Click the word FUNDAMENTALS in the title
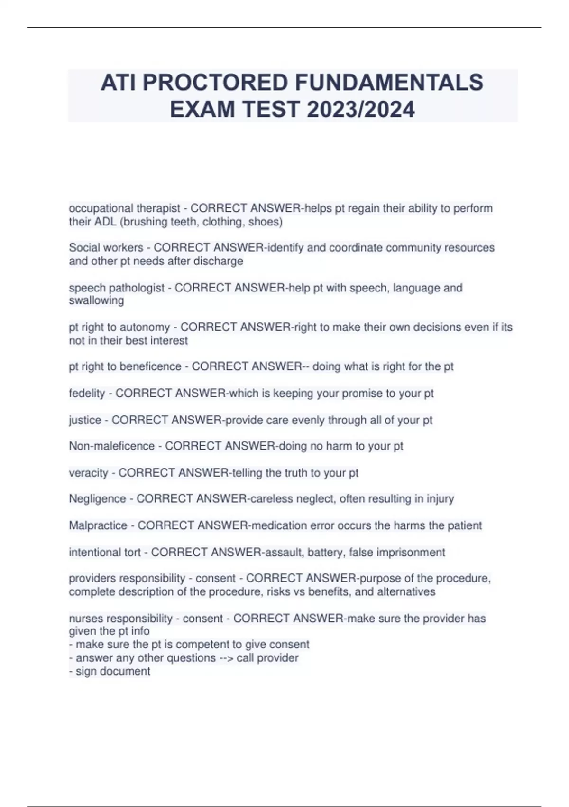tap(389, 83)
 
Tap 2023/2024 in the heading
tap(360, 110)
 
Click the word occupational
tap(101, 208)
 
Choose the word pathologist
tap(137, 288)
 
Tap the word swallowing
tap(96, 300)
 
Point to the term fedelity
tap(87, 393)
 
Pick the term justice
tap(85, 420)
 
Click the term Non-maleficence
tap(111, 446)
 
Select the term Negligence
tap(97, 499)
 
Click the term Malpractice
tap(98, 525)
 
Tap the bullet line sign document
tap(112, 671)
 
